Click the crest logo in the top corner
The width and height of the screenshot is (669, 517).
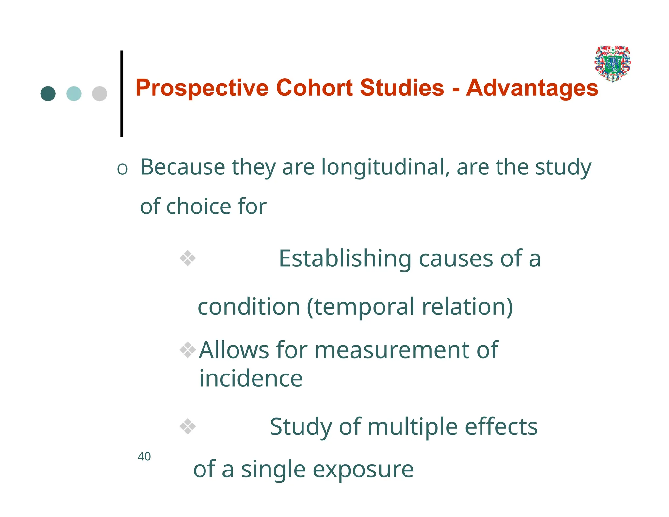(612, 64)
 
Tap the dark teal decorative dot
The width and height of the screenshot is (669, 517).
(48, 94)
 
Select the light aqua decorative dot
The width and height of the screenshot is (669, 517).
(74, 94)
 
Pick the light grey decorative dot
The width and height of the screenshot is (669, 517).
(100, 94)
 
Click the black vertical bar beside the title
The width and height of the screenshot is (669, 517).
(122, 93)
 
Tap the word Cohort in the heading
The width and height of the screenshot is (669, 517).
(314, 88)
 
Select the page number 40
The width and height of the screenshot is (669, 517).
(144, 457)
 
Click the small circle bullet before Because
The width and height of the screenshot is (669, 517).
(122, 169)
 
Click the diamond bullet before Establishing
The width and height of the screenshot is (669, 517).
(188, 258)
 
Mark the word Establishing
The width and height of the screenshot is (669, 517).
(345, 259)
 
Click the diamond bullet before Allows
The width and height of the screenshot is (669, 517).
(188, 350)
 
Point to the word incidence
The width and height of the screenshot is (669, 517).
(251, 378)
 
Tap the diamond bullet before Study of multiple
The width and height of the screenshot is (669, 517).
(188, 426)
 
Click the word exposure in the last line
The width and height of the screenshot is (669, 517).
(363, 470)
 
